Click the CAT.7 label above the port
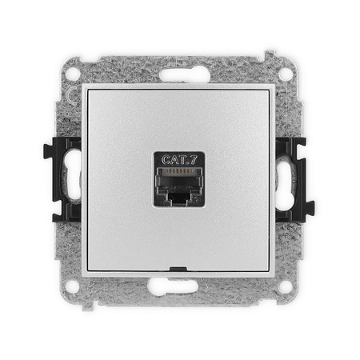(x=179, y=158)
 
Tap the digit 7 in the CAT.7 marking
(x=192, y=158)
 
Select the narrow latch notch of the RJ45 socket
(x=180, y=197)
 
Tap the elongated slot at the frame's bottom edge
(x=180, y=286)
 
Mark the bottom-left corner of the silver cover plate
(x=86, y=272)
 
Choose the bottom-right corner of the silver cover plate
(x=274, y=272)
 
